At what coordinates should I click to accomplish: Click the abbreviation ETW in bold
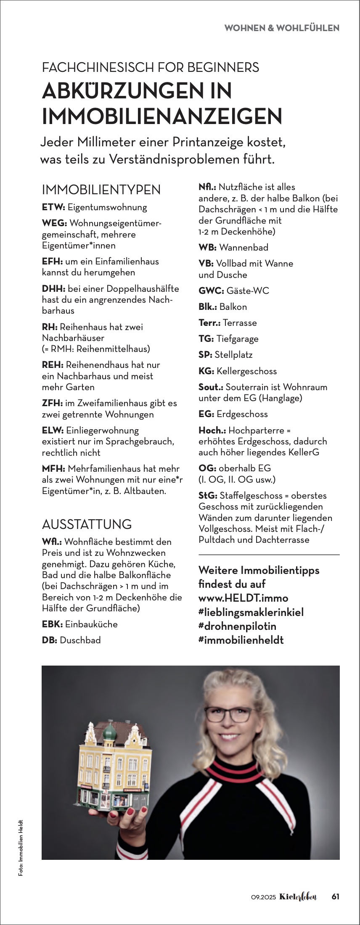pyautogui.click(x=53, y=207)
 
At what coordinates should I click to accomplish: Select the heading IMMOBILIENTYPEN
pyautogui.click(x=101, y=190)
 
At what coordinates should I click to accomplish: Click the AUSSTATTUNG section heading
pyautogui.click(x=87, y=524)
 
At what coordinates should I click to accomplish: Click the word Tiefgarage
pyautogui.click(x=237, y=339)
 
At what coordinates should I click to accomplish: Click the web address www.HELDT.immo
pyautogui.click(x=243, y=598)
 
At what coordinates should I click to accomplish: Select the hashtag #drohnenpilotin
pyautogui.click(x=237, y=626)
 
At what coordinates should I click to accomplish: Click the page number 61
pyautogui.click(x=336, y=896)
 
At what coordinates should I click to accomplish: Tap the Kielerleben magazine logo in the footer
pyautogui.click(x=298, y=896)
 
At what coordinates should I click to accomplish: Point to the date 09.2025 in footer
pyautogui.click(x=263, y=897)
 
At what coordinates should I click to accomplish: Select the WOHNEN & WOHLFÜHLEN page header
pyautogui.click(x=282, y=28)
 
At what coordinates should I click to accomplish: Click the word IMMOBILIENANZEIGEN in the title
pyautogui.click(x=162, y=116)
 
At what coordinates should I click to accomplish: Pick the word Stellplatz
pyautogui.click(x=233, y=355)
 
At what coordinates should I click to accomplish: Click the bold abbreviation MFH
pyautogui.click(x=53, y=469)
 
